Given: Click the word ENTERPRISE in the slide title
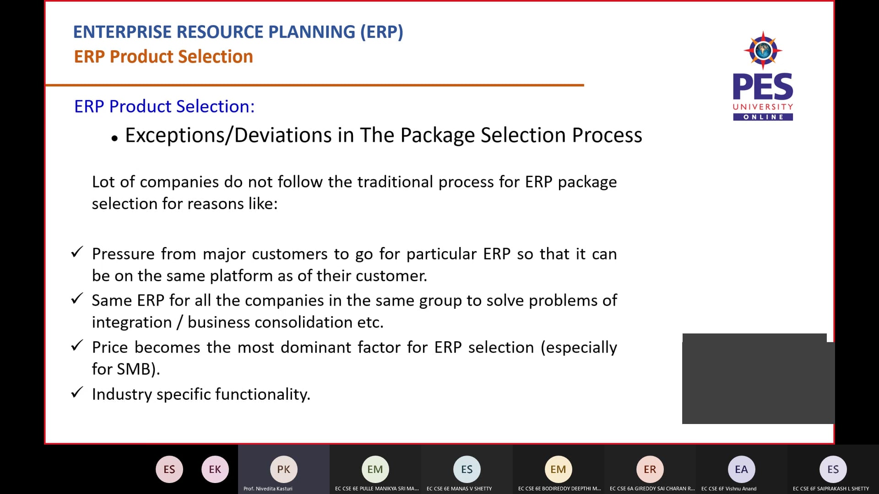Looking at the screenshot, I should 122,32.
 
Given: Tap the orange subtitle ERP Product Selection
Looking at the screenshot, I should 163,57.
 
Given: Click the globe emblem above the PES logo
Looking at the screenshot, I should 763,50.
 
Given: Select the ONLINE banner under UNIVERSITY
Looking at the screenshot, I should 763,117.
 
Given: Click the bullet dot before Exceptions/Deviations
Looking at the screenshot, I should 114,138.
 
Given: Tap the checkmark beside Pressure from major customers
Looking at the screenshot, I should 77,252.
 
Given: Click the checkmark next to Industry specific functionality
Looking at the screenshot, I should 77,392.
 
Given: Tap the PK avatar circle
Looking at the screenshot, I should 283,469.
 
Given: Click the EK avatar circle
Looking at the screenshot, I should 215,469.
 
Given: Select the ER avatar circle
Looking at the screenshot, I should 650,469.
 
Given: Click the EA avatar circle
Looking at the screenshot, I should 741,469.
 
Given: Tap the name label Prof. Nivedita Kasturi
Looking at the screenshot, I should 268,489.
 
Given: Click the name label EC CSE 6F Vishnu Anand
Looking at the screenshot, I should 729,489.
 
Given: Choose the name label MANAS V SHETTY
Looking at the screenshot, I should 459,489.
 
